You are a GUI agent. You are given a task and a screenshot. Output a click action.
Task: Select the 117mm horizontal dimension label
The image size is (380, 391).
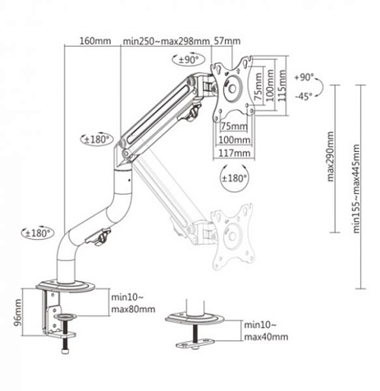point(234,153)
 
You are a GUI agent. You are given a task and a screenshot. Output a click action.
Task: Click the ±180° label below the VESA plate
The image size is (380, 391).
point(234,177)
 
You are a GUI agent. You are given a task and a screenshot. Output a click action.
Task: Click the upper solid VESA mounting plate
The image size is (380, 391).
point(231,85)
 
